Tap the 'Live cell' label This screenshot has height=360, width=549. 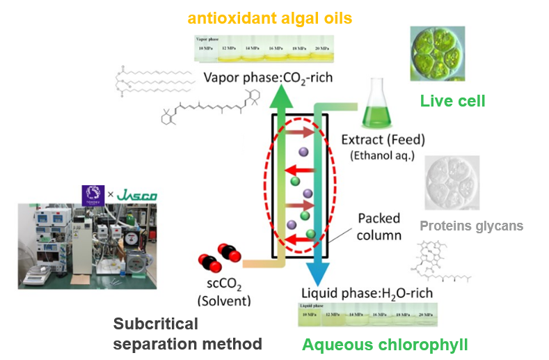tap(452, 102)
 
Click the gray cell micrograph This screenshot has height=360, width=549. tap(452, 182)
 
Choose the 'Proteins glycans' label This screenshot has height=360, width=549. tap(471, 226)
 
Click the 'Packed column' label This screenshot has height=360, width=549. tap(379, 227)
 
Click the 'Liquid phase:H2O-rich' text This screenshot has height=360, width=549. tap(367, 292)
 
